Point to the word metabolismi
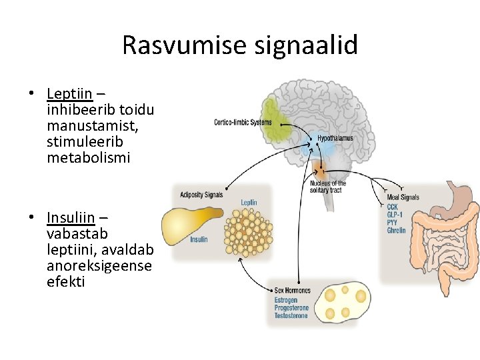point(89,158)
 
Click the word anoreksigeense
point(99,265)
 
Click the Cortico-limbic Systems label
point(243,122)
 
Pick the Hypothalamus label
point(335,139)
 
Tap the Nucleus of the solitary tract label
point(328,187)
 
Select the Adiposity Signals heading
point(201,195)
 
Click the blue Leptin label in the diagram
point(249,202)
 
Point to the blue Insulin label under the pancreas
point(199,239)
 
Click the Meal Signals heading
point(403,197)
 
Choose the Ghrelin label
point(396,231)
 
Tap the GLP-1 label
point(395,215)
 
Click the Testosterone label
point(291,315)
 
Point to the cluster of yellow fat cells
point(247,231)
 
